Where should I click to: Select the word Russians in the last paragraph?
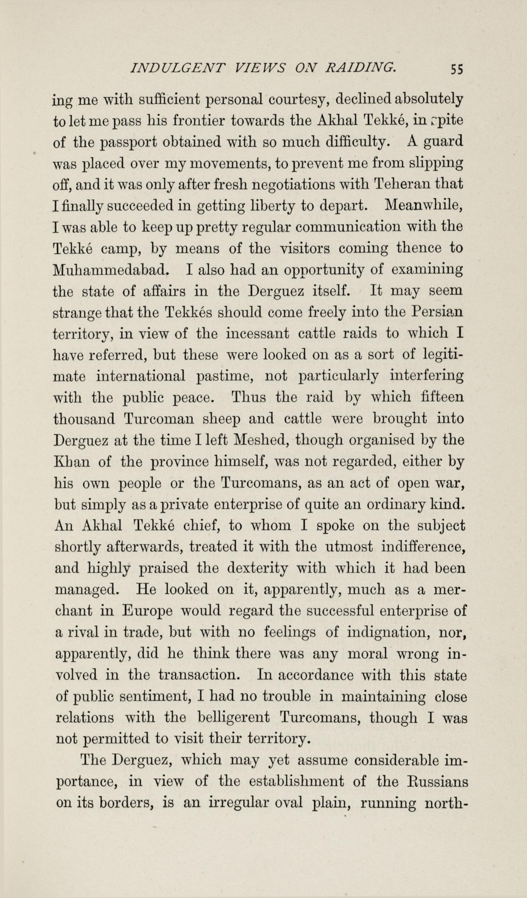[x=434, y=781]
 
